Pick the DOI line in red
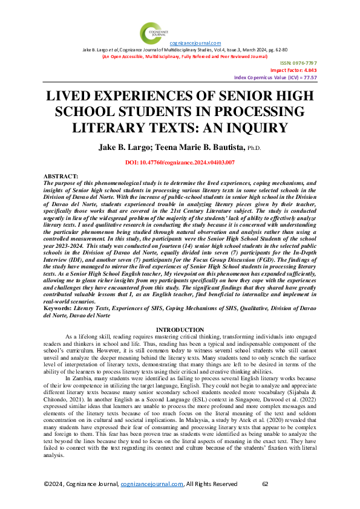tap(180, 163)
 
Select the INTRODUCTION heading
tap(180, 329)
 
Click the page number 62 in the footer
tap(265, 501)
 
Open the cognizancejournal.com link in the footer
tap(152, 501)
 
